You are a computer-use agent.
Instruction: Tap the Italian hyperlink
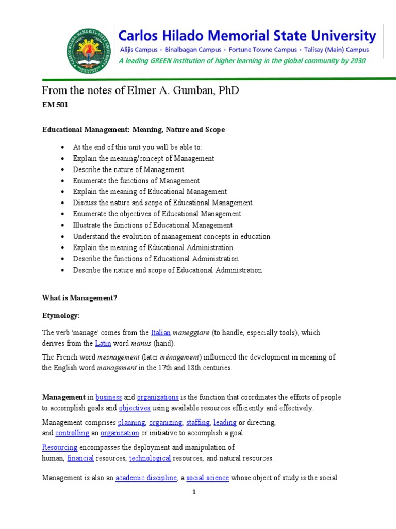coord(160,332)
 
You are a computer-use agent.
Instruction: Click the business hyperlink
coord(109,397)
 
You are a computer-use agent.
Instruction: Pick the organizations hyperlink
coord(158,397)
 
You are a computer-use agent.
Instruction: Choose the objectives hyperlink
coord(135,408)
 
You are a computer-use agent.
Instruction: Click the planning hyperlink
coord(131,423)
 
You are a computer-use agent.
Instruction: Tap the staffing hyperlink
coord(197,423)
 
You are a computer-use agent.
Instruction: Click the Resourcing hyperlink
coord(60,447)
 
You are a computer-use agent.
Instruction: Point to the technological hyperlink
coord(150,458)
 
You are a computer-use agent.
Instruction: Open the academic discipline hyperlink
coord(146,478)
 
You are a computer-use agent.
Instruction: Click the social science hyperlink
coord(207,478)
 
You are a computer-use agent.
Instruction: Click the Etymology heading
coord(61,315)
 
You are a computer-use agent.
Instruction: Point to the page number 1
coord(194,492)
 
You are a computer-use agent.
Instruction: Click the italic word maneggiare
coord(191,332)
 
